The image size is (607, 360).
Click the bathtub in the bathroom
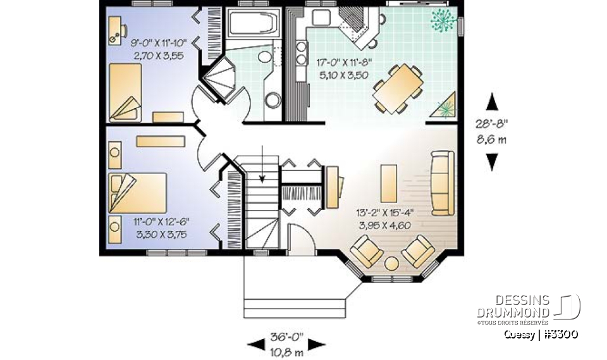[253, 25]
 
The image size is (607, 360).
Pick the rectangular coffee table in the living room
[389, 181]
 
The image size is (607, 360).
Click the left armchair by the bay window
[366, 251]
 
